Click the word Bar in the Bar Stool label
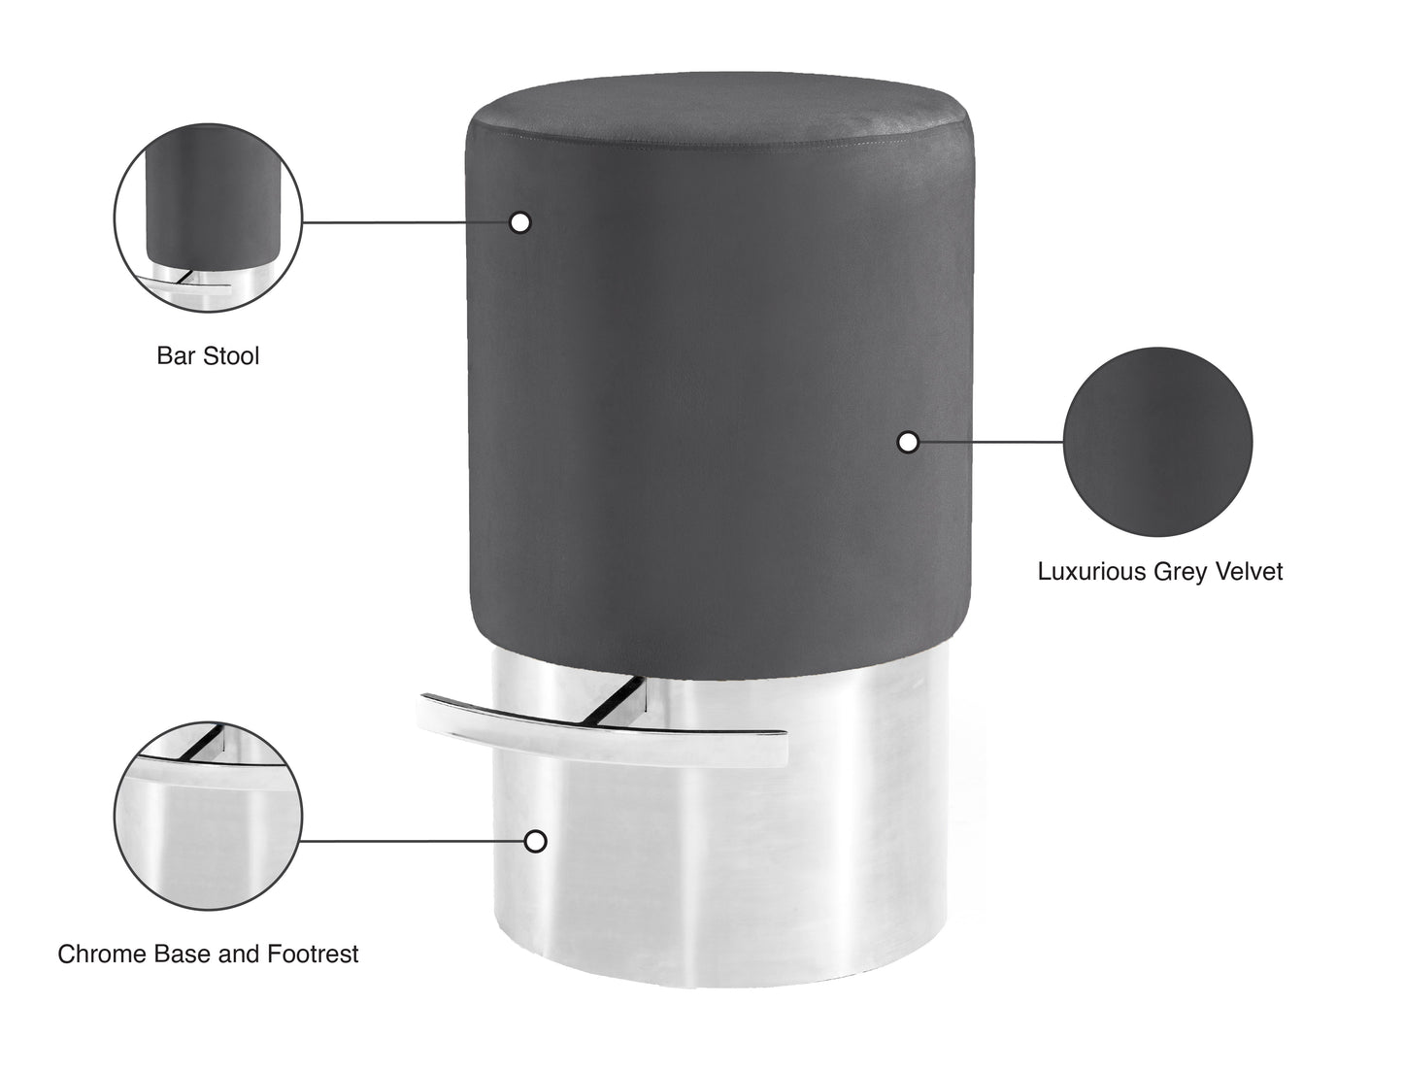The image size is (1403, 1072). point(173,356)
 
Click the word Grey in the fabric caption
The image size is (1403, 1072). point(1178,572)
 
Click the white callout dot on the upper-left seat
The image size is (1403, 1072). point(520,222)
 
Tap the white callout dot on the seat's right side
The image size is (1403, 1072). point(908,442)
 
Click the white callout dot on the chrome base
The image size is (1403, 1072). point(535,841)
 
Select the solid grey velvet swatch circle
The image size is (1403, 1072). point(1157,442)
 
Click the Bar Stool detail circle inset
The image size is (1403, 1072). point(209,218)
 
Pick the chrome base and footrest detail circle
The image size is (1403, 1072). point(209,816)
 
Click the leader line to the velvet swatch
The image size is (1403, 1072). point(990,442)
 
